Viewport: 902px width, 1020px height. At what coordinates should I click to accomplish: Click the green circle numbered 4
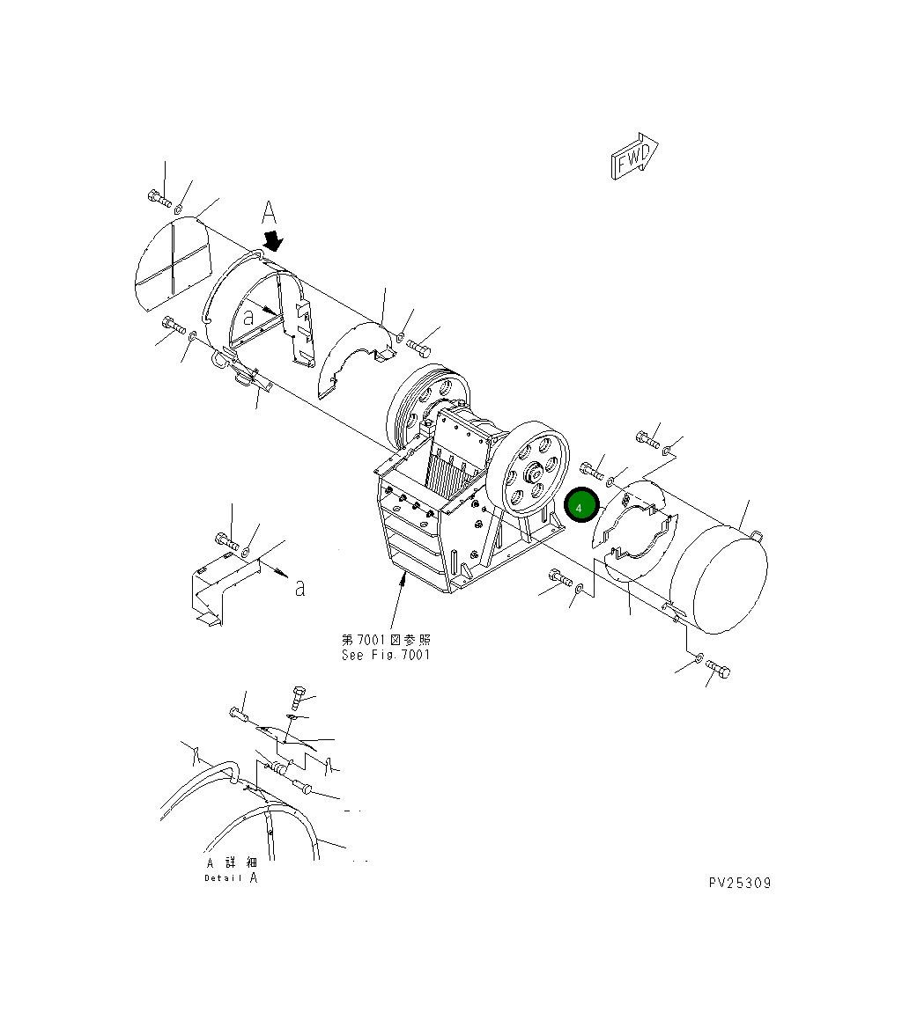(x=581, y=506)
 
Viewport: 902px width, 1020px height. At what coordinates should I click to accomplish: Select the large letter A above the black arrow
(x=269, y=212)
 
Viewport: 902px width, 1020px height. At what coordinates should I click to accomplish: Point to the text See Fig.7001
(x=386, y=655)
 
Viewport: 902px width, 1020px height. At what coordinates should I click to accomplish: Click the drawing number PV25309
(x=738, y=883)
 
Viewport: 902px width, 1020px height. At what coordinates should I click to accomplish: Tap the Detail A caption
(x=232, y=877)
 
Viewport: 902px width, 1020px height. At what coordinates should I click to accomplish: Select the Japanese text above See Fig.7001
(x=386, y=640)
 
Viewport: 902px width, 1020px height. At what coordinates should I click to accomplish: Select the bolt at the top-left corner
(x=159, y=199)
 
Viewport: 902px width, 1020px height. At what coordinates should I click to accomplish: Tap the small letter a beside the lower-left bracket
(x=299, y=588)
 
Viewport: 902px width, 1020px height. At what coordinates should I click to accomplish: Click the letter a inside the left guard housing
(x=249, y=314)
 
